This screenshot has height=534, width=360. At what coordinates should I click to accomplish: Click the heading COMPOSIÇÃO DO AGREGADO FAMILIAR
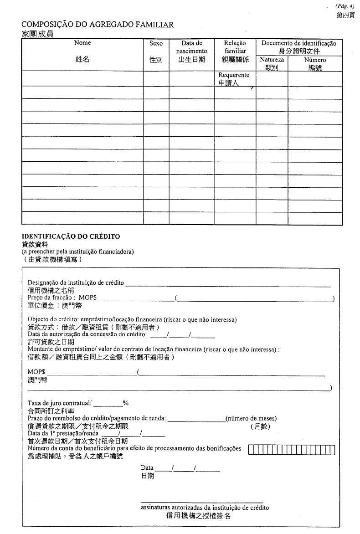click(98, 25)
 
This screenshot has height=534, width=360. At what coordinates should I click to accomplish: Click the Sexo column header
click(156, 43)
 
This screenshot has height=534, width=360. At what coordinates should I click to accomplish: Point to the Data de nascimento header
click(191, 47)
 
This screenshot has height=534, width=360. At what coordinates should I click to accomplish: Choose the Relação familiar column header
click(235, 47)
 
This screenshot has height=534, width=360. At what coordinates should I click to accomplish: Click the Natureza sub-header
click(272, 60)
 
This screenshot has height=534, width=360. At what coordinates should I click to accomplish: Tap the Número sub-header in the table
click(315, 60)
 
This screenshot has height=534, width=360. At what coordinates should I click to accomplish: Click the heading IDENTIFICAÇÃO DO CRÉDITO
click(71, 236)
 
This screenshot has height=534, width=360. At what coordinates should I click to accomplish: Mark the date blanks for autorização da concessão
click(182, 338)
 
